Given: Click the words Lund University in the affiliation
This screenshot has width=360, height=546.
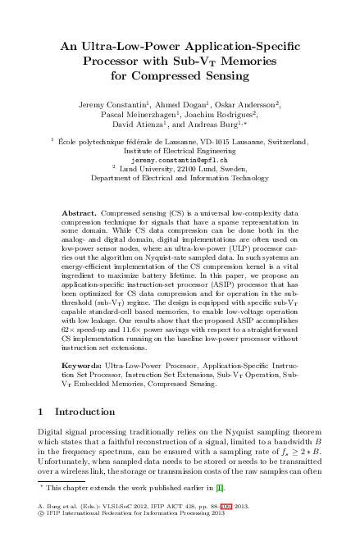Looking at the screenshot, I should (147, 168).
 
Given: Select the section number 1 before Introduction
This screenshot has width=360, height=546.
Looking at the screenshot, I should (42, 410).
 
